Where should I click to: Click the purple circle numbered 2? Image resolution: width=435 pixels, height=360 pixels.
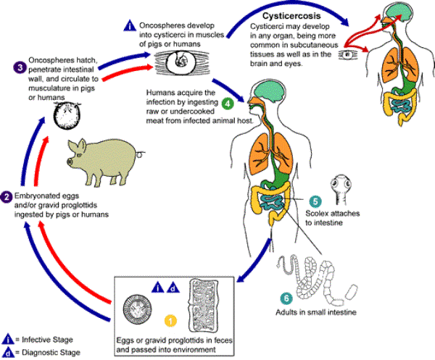(6, 196)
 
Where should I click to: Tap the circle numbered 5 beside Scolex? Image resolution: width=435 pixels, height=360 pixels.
(315, 201)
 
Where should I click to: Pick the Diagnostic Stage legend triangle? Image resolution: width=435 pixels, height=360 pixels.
(7, 353)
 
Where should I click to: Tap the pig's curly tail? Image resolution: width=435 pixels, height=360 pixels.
(138, 153)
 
